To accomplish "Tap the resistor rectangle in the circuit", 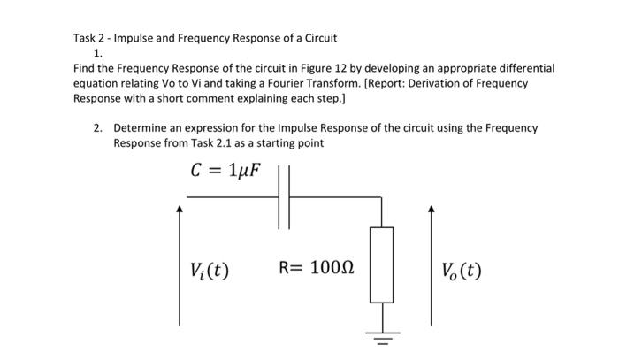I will point(381,264).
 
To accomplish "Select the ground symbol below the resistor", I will point(381,337).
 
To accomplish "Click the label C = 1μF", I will point(226,169).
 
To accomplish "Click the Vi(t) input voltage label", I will point(210,269).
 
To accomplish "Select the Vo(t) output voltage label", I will point(462,269).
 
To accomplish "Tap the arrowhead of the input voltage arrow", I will point(180,210).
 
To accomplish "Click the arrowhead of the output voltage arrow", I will point(431,210).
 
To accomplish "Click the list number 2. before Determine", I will point(99,127).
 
